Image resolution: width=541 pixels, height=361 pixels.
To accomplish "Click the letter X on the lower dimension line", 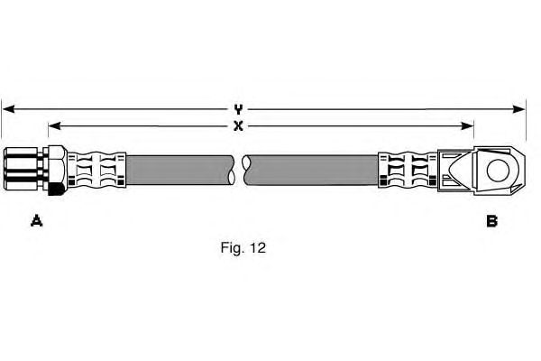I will [x=238, y=126].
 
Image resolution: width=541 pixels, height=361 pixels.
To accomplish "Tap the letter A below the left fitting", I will [x=37, y=220].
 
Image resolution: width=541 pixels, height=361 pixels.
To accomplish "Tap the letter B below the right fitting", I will [x=491, y=220].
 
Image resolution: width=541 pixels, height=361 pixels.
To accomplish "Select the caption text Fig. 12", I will [x=243, y=245].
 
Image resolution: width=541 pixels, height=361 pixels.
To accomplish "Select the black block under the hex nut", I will [x=56, y=189].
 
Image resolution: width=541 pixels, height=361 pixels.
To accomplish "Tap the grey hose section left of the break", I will [x=180, y=170].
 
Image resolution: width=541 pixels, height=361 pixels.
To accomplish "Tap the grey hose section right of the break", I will [x=311, y=170].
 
